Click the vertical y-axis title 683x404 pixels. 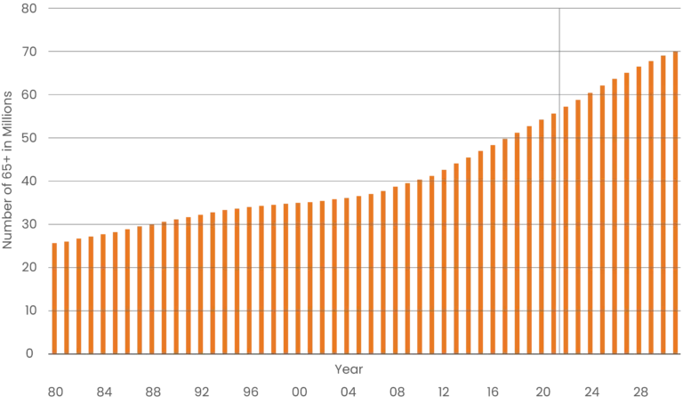pos(7,167)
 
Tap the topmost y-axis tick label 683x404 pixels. pos(30,10)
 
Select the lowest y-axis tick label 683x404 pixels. pos(30,353)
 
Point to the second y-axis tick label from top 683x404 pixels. pos(30,53)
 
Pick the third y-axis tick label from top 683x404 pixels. pos(30,95)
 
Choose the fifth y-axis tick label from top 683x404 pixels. pos(30,182)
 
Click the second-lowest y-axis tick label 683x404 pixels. pos(30,311)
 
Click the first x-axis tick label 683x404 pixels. pos(52,391)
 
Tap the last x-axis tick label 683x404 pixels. pos(643,391)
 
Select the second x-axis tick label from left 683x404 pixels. pos(101,391)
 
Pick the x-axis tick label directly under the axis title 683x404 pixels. pos(348,391)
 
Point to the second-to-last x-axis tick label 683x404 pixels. pos(593,391)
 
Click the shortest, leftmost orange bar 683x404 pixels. pos(54,298)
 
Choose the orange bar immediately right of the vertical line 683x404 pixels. pos(566,227)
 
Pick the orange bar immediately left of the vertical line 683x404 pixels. pos(552,231)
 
